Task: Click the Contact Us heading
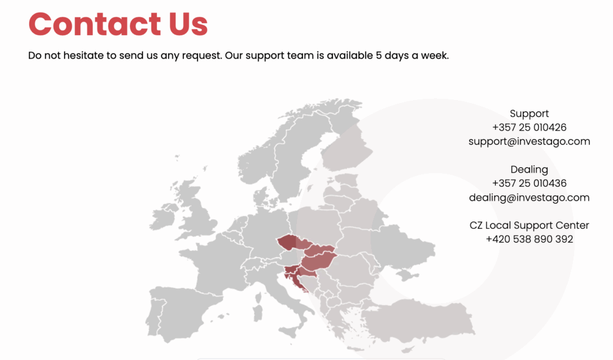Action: (x=118, y=25)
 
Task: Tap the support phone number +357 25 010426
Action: (x=529, y=127)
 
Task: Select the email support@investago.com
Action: (x=529, y=141)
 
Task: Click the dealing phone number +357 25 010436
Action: (x=529, y=183)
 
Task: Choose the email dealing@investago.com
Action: (x=529, y=197)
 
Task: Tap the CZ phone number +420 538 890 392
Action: (x=529, y=239)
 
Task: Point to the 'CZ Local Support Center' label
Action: (x=529, y=225)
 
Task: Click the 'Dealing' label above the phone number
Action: (x=529, y=170)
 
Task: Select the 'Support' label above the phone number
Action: (x=529, y=113)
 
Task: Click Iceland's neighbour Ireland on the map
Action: (x=162, y=219)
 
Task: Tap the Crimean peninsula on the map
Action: (x=406, y=275)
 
